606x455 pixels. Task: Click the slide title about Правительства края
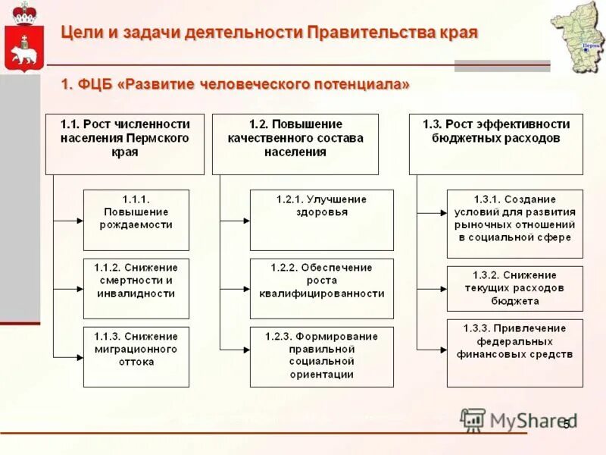coord(269,33)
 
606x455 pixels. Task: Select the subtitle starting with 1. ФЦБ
coord(236,84)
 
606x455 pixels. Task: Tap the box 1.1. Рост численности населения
coord(125,144)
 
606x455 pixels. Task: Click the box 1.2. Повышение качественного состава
coord(295,144)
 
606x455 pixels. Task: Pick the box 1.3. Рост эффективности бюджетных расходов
coord(496,144)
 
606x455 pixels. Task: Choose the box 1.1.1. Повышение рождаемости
coord(136,220)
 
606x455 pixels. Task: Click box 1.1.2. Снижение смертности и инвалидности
coord(136,288)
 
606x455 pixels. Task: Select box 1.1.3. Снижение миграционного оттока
coord(136,356)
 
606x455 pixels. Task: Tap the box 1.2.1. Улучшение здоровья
coord(322,220)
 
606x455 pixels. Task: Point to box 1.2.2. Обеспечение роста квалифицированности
coord(322,288)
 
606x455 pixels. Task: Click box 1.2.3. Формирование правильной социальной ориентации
coord(322,356)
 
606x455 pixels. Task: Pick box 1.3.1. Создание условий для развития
coord(515,224)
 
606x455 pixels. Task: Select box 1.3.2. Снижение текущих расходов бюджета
coord(515,288)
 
